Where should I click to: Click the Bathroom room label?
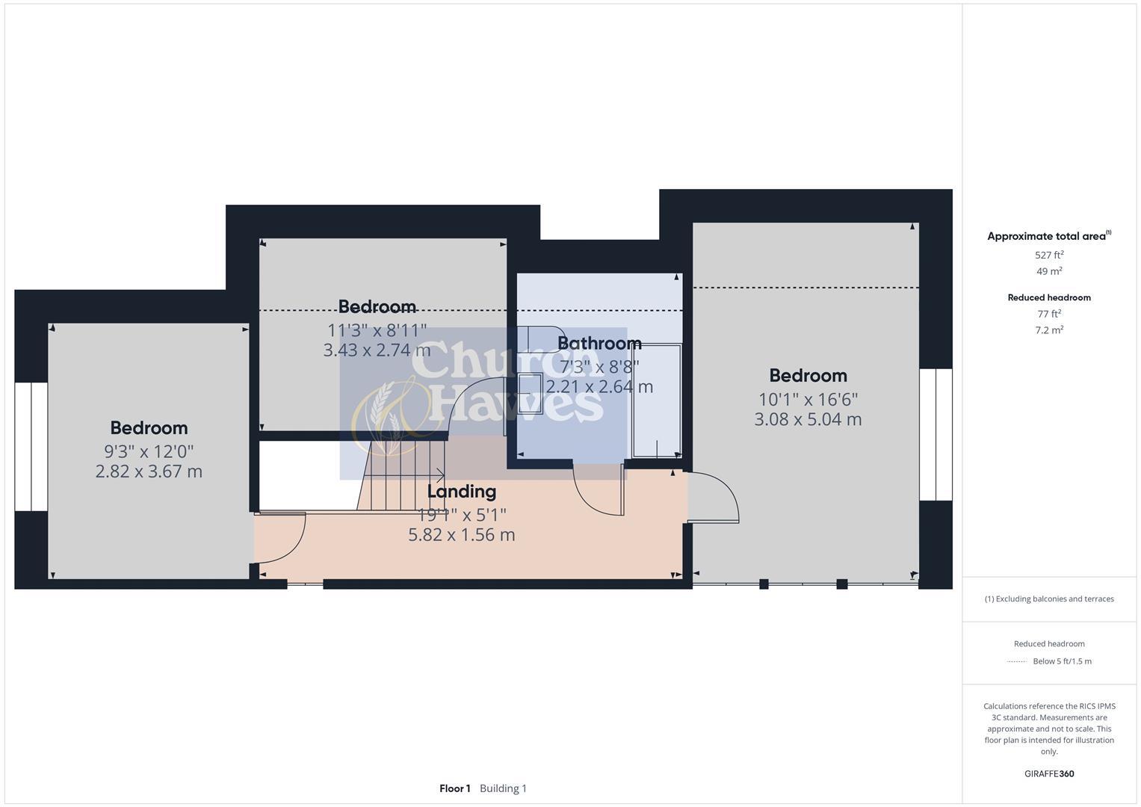click(599, 343)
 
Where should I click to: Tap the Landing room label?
click(461, 492)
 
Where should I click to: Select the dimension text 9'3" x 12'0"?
click(149, 451)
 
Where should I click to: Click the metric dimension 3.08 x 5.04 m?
click(808, 419)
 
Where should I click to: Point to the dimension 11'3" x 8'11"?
click(377, 330)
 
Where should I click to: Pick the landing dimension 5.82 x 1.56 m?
click(461, 535)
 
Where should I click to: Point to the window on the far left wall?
click(31, 447)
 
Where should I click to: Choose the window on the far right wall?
click(936, 434)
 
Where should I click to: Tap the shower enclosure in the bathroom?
click(656, 401)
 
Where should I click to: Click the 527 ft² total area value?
click(1048, 255)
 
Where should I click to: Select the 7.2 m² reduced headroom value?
click(1048, 330)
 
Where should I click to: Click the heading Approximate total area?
click(1048, 236)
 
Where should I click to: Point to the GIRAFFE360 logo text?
click(1048, 773)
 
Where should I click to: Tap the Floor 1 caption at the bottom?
click(454, 788)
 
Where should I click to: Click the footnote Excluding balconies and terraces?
click(1048, 599)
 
